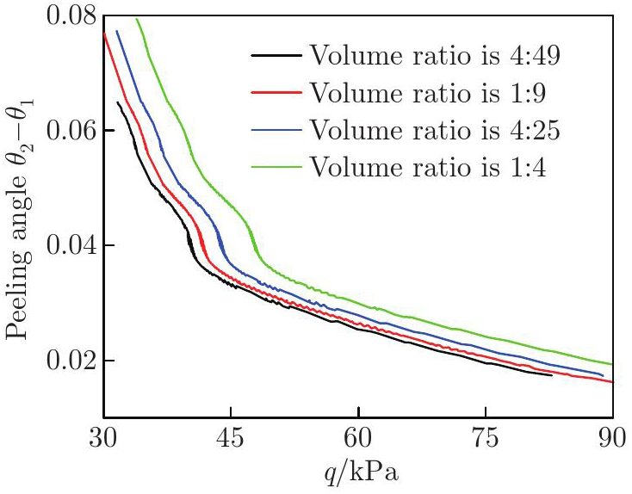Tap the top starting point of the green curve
(136, 18)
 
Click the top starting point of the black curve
(118, 102)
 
